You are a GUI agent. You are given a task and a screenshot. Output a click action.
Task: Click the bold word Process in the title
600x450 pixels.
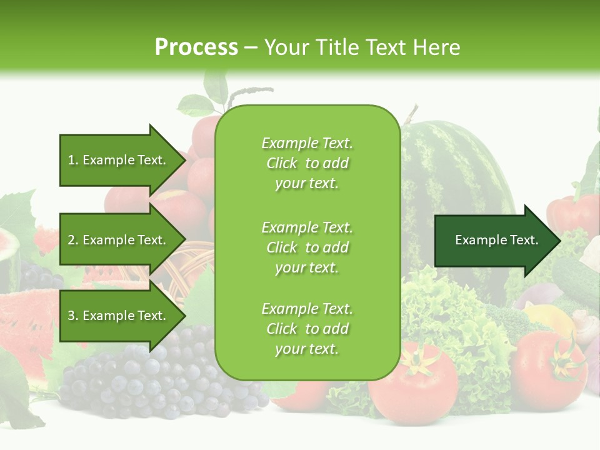tap(196, 47)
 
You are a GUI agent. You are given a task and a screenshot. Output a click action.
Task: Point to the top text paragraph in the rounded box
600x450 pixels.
tap(307, 163)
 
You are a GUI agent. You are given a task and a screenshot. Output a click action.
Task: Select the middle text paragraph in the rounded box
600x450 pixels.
tap(307, 247)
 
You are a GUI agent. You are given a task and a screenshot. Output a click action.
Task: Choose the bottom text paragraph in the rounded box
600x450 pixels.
tap(307, 329)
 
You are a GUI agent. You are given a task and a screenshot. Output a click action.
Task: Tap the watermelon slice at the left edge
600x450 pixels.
tap(25, 319)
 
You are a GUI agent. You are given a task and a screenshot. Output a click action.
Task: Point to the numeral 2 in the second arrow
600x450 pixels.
tap(71, 240)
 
